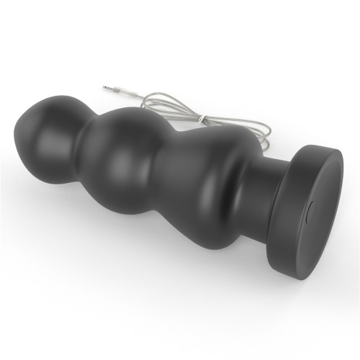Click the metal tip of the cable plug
[x=104, y=86]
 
